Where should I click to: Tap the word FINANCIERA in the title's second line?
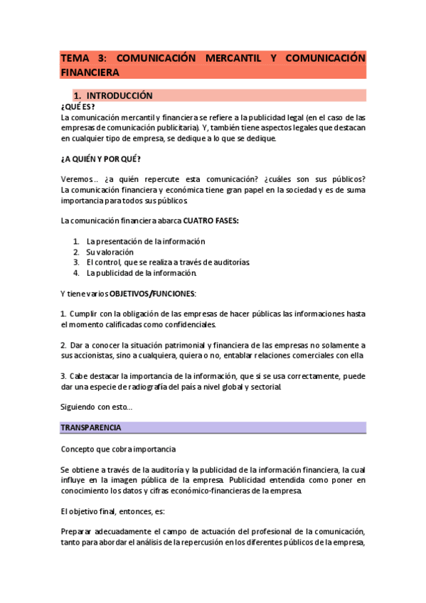(x=90, y=72)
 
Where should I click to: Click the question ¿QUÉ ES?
(x=78, y=106)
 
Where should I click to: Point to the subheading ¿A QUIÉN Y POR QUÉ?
(x=100, y=159)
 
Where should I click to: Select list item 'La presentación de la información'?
(x=146, y=241)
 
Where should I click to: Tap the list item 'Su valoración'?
(x=110, y=252)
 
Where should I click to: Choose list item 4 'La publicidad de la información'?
(x=141, y=272)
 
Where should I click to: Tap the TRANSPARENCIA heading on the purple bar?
(x=90, y=427)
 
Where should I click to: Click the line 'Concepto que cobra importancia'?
(x=118, y=449)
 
